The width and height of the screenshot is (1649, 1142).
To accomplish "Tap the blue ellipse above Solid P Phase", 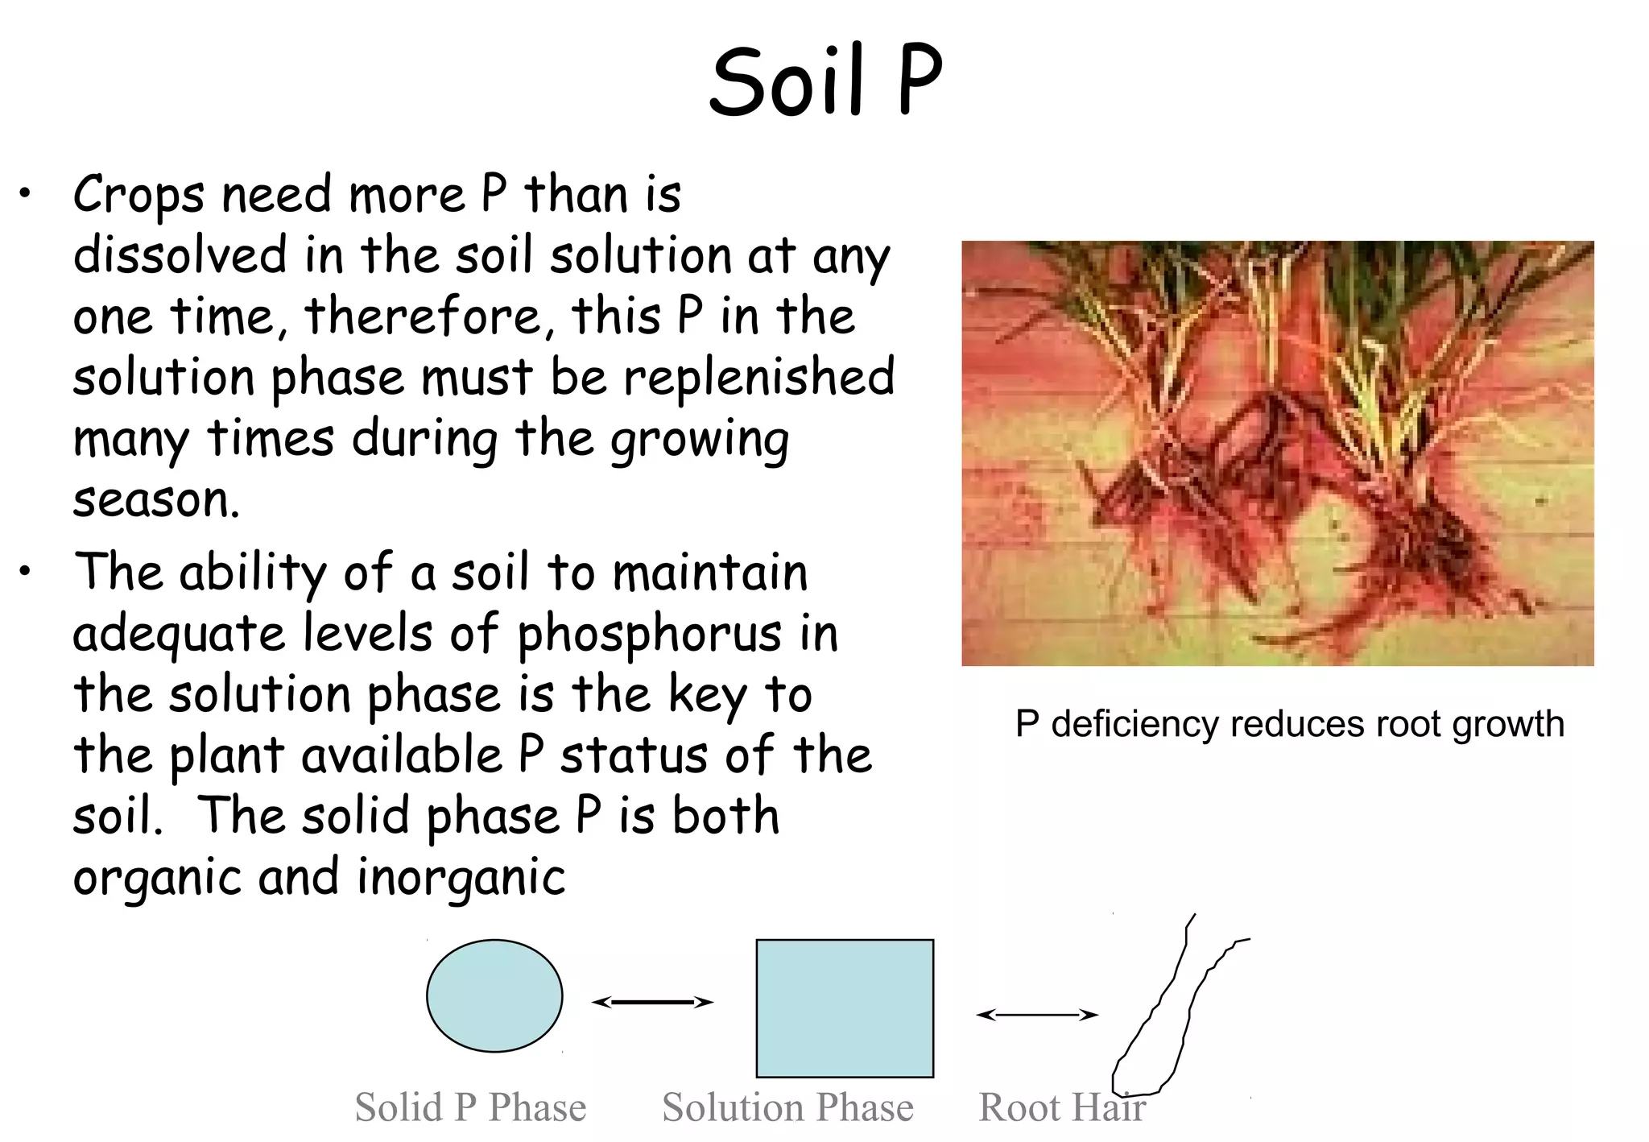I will (494, 996).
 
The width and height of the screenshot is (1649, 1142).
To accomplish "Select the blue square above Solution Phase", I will (845, 1008).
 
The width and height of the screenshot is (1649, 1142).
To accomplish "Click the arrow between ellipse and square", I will (652, 1002).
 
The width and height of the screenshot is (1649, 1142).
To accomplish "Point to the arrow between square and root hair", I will (1037, 1015).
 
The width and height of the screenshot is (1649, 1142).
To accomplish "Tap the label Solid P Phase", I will (470, 1107).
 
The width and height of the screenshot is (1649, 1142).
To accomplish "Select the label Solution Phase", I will (787, 1107).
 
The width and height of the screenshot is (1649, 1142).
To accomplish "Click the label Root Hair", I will (1061, 1107).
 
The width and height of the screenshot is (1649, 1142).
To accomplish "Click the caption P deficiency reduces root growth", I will (1289, 723).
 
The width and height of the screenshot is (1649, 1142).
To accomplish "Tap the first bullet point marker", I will (27, 193).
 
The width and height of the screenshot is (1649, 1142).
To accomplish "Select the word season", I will (155, 501).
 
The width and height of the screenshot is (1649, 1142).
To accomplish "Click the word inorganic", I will (461, 877).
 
